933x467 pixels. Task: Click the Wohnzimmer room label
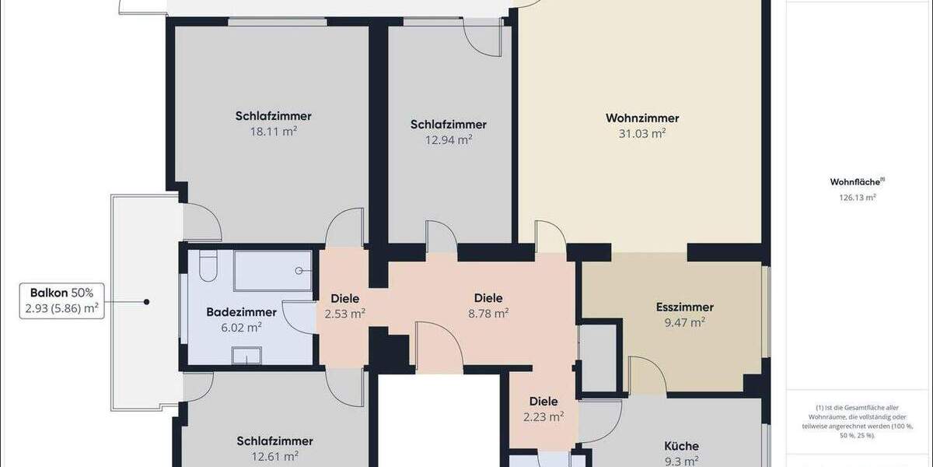tap(642, 118)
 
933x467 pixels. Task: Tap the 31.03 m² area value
tap(642, 133)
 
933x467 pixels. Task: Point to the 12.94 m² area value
tap(449, 139)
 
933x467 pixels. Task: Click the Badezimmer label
tap(241, 312)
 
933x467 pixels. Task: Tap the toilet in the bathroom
tap(207, 267)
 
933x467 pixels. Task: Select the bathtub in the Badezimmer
tap(272, 271)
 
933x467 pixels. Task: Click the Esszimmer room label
tap(684, 307)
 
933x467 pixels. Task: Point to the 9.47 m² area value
tap(684, 321)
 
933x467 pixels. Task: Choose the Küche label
tap(681, 446)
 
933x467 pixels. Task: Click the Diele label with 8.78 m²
tap(488, 297)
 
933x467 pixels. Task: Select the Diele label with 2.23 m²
tap(543, 402)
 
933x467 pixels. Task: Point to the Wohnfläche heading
tap(856, 183)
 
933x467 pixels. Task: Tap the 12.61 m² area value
tap(274, 456)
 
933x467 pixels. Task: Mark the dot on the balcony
tap(145, 301)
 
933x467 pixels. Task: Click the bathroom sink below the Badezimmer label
tap(250, 356)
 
